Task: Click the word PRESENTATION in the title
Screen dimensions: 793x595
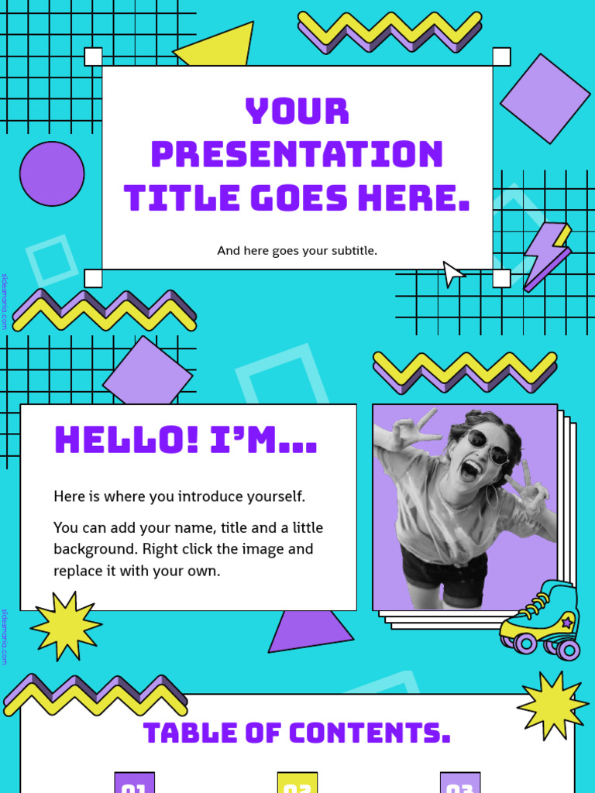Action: (297, 154)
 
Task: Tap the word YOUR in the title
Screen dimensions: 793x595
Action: (297, 112)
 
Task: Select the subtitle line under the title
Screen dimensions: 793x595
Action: (297, 251)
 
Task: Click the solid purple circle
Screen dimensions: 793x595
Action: (52, 173)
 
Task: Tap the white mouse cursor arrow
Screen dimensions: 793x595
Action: (452, 273)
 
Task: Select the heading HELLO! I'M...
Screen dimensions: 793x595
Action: (186, 440)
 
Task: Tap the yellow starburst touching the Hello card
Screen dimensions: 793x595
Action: (65, 626)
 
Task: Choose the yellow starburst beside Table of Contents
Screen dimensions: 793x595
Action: (552, 705)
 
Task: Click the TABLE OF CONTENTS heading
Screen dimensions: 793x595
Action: (297, 733)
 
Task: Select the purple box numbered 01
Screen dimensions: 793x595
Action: (135, 784)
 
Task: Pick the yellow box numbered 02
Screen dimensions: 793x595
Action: (297, 784)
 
